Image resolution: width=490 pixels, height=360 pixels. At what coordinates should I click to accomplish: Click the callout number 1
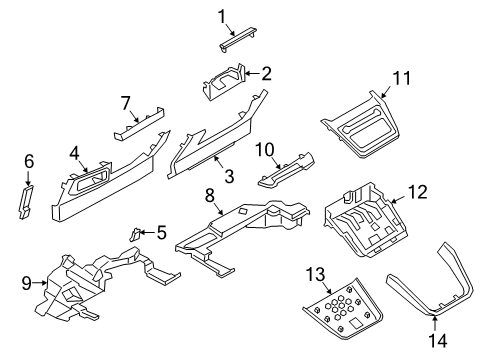pyautogui.click(x=224, y=14)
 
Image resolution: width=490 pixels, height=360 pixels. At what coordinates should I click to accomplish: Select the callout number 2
pyautogui.click(x=266, y=72)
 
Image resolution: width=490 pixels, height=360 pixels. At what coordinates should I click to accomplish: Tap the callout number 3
pyautogui.click(x=229, y=177)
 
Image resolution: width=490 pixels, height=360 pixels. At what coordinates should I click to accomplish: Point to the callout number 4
pyautogui.click(x=74, y=154)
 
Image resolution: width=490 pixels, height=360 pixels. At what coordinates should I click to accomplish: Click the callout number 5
pyautogui.click(x=161, y=233)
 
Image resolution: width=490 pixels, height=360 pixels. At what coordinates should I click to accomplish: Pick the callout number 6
pyautogui.click(x=29, y=161)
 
